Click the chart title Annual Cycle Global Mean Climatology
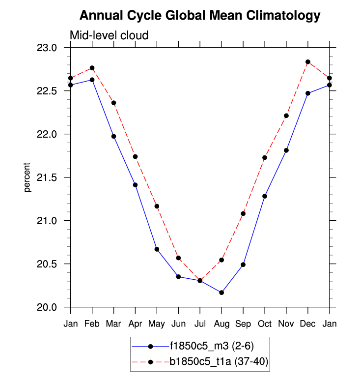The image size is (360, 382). (199, 16)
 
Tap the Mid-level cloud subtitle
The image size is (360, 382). (109, 35)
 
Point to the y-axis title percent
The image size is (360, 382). (28, 177)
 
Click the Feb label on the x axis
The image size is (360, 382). (92, 324)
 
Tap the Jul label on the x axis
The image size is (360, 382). (200, 324)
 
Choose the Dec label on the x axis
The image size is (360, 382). (308, 324)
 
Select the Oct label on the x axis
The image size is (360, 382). (265, 324)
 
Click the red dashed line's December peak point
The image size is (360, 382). (308, 62)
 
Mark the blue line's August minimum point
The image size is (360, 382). (222, 293)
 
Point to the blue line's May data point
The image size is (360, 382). (157, 249)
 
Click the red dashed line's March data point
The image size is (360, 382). (114, 103)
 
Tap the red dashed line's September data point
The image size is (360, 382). (243, 213)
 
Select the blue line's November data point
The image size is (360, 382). (286, 150)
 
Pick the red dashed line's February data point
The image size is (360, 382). (92, 68)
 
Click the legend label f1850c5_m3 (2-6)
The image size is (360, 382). (212, 346)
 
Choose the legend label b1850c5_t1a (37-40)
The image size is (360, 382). (219, 362)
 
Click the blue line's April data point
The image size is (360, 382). (136, 185)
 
